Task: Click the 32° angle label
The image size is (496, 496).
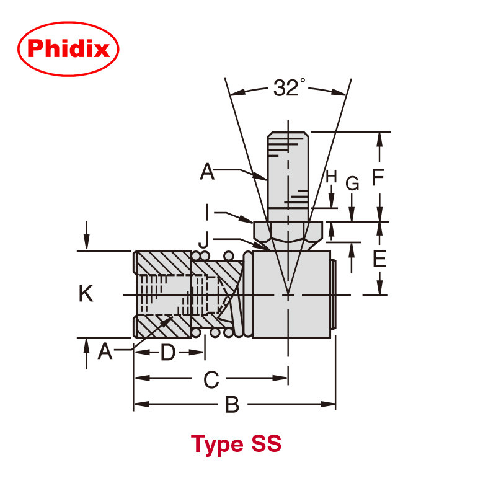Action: [x=288, y=89]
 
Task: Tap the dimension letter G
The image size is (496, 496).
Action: [x=352, y=184]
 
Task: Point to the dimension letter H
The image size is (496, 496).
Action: [x=332, y=177]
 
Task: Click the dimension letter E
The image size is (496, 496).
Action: [x=378, y=259]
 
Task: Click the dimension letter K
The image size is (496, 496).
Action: [x=86, y=293]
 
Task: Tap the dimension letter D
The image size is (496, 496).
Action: [x=168, y=353]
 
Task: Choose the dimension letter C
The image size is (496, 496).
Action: [x=211, y=379]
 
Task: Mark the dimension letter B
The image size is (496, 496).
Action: [x=231, y=405]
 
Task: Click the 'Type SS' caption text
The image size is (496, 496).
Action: [x=236, y=444]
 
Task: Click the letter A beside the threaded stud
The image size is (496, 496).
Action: [x=207, y=171]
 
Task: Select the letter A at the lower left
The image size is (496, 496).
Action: [x=105, y=352]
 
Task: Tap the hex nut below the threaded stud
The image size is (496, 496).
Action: [x=288, y=232]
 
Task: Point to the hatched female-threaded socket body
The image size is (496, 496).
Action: [x=162, y=294]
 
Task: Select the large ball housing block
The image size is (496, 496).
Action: [x=291, y=294]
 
